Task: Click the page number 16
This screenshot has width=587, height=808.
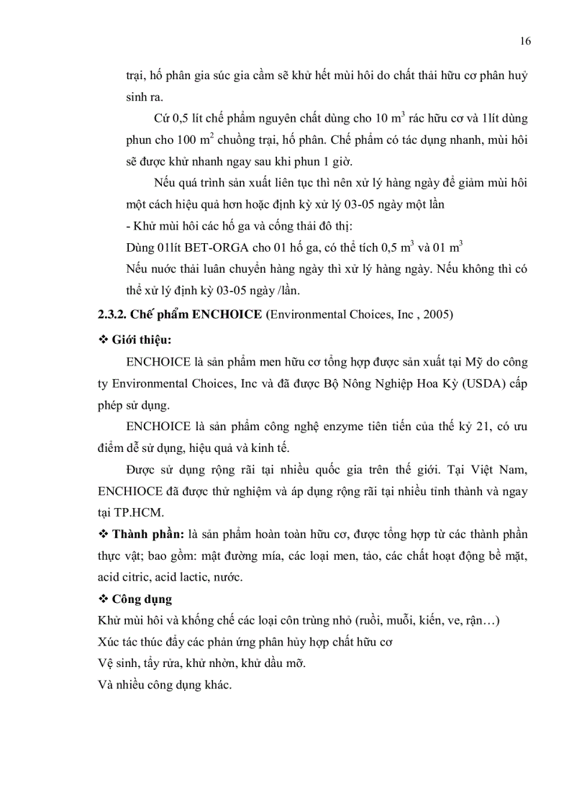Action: pyautogui.click(x=524, y=41)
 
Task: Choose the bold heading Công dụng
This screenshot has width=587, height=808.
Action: pyautogui.click(x=142, y=599)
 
